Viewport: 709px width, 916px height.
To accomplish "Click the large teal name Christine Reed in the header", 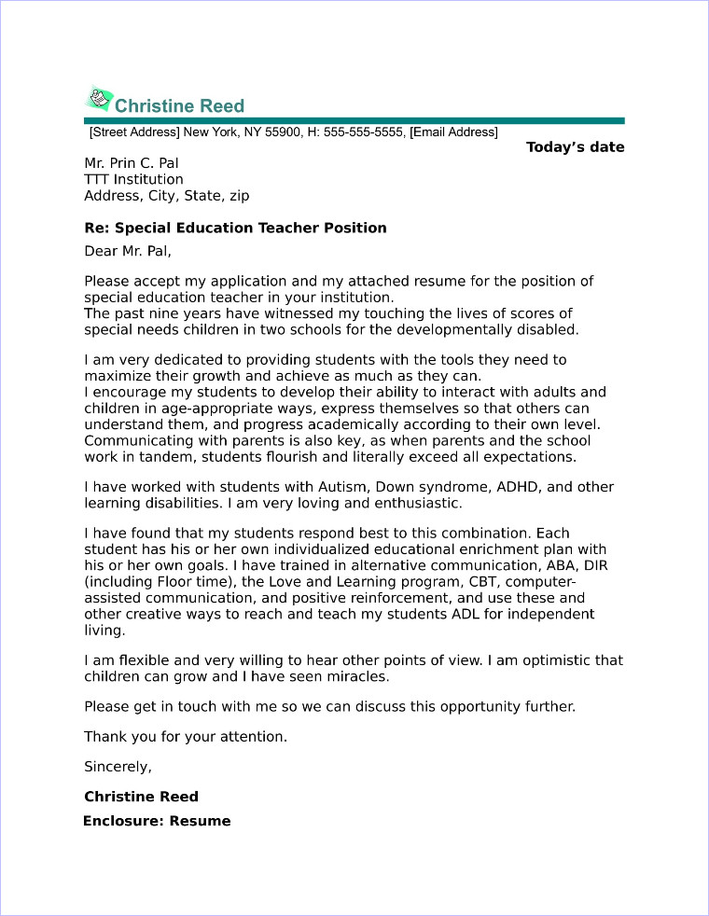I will [x=179, y=104].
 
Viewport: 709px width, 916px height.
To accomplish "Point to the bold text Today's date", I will [x=575, y=147].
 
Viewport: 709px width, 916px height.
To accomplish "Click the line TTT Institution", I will [x=133, y=179].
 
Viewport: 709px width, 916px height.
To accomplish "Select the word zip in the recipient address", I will [x=238, y=196].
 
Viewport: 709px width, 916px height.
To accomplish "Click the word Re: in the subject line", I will [x=96, y=228].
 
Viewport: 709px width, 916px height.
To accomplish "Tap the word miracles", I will [x=355, y=676].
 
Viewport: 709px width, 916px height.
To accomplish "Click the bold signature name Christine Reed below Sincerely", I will [x=141, y=797].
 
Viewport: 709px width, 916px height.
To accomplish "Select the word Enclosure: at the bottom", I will [x=123, y=821].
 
